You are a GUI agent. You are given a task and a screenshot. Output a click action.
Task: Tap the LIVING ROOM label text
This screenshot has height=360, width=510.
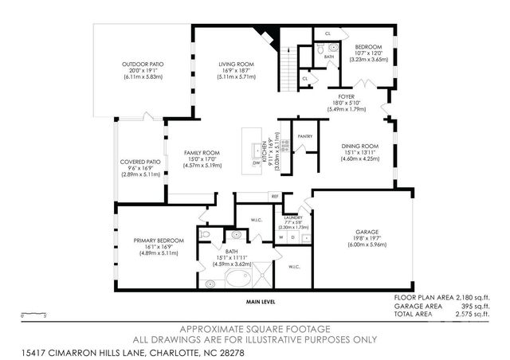237,65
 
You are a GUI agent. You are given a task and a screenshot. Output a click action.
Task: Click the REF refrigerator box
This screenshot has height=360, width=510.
274,196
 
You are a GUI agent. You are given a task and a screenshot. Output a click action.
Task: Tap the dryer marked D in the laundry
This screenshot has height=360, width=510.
292,237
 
